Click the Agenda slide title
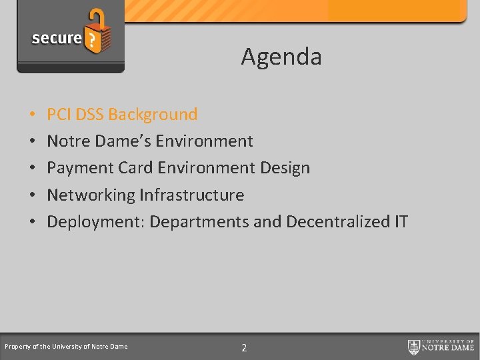pos(281,57)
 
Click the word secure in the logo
pos(56,38)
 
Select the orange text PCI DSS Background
pos(122,115)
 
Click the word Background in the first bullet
pos(153,115)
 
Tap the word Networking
pos(91,195)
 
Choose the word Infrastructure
pos(192,195)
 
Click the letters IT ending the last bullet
pos(400,222)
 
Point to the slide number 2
pos(244,347)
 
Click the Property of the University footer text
pos(66,347)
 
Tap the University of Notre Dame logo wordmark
pos(450,347)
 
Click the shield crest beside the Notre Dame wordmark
pos(414,347)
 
